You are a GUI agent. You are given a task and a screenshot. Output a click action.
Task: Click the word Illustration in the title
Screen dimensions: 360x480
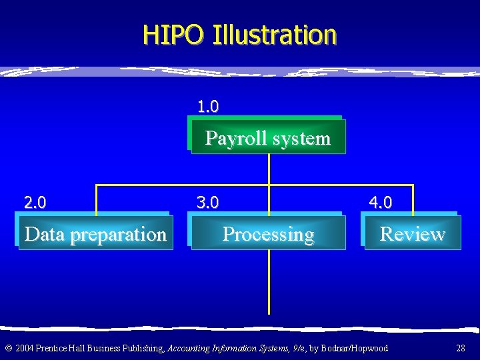274,34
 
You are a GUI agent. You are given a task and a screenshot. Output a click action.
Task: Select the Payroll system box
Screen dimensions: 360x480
268,138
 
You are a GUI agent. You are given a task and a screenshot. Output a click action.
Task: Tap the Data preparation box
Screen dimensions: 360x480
95,234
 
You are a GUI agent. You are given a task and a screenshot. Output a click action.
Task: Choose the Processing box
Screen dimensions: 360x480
268,234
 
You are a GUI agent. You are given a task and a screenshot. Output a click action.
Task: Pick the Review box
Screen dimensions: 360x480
412,234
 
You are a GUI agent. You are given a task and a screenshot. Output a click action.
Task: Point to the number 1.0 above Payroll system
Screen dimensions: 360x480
208,106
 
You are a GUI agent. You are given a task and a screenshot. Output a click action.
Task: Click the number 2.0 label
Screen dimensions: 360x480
35,202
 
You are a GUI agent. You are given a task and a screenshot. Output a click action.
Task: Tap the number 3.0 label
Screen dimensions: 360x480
207,202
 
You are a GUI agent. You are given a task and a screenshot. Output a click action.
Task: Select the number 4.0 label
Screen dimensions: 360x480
381,202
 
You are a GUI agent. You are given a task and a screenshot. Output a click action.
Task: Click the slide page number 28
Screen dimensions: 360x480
460,348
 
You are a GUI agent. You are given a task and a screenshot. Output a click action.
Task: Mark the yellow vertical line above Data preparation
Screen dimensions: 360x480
97,199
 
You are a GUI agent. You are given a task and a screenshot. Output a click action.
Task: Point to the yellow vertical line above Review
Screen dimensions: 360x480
413,199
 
